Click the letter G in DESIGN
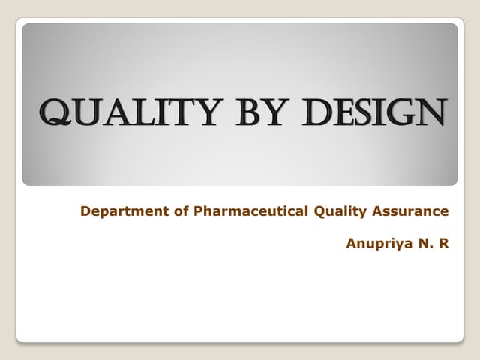pyautogui.click(x=406, y=114)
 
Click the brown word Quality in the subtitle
pyautogui.click(x=337, y=212)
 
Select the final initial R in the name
pyautogui.click(x=443, y=243)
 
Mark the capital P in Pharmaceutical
pyautogui.click(x=199, y=211)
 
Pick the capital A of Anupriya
pyautogui.click(x=351, y=243)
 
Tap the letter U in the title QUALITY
pyautogui.click(x=87, y=115)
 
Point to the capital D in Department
pyautogui.click(x=85, y=211)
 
